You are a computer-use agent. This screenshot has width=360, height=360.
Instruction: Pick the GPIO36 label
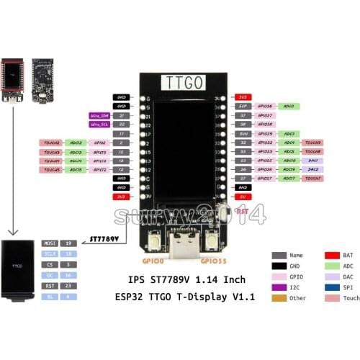click(265, 105)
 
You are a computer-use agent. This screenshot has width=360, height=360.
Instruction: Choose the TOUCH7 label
click(312, 177)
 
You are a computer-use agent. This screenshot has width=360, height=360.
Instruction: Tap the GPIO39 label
click(265, 133)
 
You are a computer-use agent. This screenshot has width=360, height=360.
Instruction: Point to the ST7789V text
click(104, 237)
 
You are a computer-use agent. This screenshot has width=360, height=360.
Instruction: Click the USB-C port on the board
click(180, 251)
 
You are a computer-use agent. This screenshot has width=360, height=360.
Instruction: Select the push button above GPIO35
click(210, 243)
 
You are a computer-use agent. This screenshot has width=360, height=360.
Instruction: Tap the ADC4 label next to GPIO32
click(289, 143)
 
